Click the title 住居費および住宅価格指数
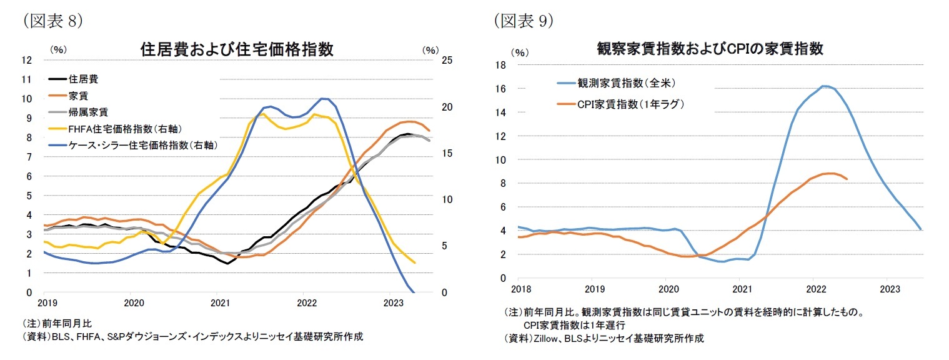236,49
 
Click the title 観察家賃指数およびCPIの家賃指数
710,49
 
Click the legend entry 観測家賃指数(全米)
626,82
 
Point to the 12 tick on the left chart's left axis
26,60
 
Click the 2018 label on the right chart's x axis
520,289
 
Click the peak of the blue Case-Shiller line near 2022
322,99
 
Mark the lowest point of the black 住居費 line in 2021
227,263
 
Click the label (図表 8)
53,21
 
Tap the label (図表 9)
524,21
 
